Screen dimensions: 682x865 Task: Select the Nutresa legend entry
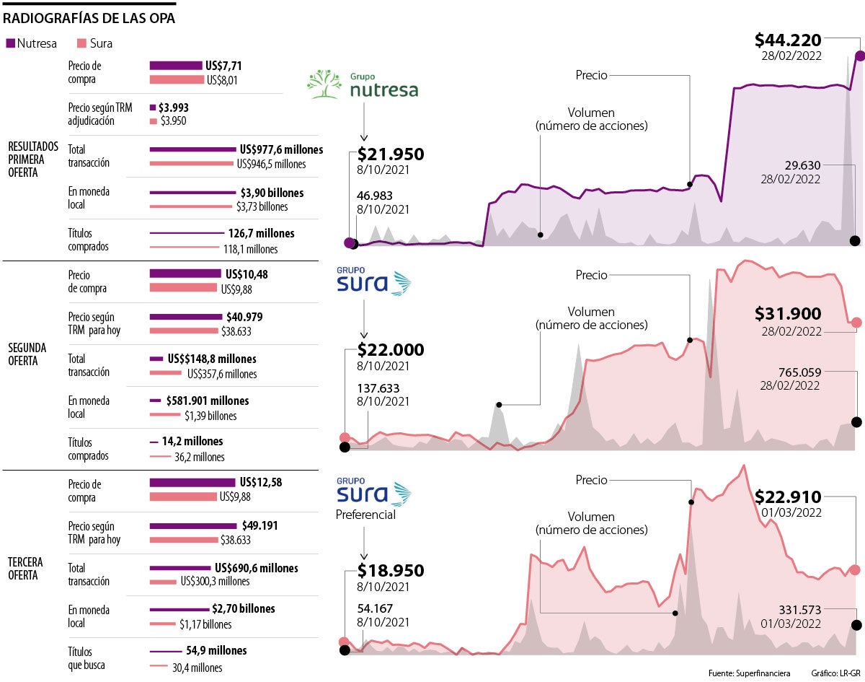point(32,43)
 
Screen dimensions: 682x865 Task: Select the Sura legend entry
point(94,43)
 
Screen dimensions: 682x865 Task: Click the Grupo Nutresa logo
point(363,84)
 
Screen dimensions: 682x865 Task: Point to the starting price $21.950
point(391,154)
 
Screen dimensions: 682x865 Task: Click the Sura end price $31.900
point(788,314)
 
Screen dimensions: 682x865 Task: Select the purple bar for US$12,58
point(192,483)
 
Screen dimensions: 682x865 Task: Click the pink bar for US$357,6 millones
point(166,373)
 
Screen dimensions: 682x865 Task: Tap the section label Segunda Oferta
point(28,354)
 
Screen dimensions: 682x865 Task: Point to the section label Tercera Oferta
point(26,569)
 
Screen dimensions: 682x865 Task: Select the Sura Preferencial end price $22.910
point(788,497)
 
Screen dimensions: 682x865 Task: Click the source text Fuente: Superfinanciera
point(749,673)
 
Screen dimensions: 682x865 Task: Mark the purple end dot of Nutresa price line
point(859,56)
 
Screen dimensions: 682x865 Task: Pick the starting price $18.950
point(391,571)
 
